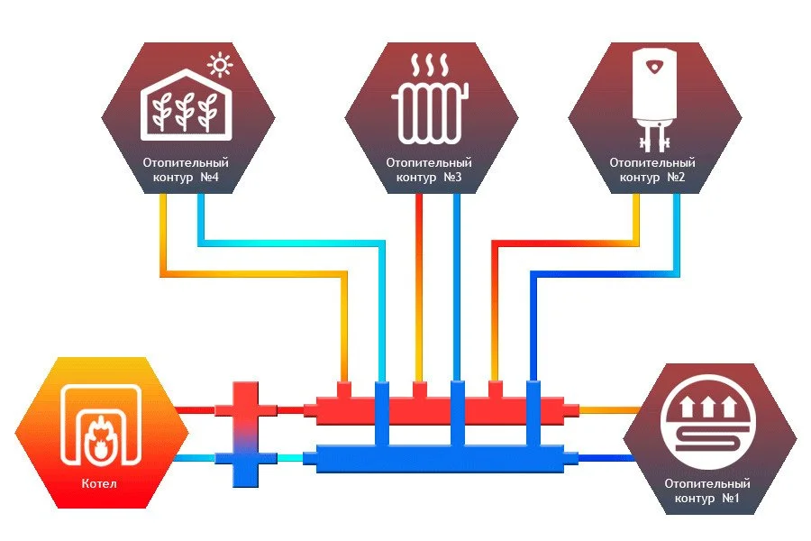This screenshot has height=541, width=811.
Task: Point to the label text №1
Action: tap(730, 499)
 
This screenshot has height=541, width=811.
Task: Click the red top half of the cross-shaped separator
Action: tap(244, 406)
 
